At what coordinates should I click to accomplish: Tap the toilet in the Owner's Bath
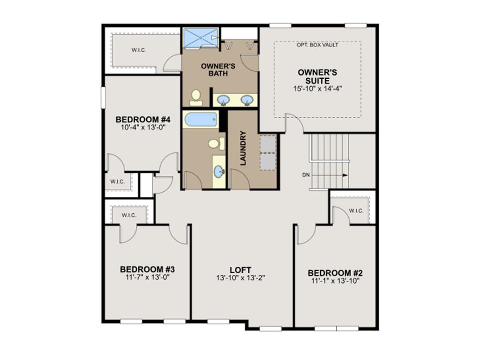pos(195,97)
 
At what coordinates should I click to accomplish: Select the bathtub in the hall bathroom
pos(201,120)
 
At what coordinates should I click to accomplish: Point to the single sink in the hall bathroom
pos(219,172)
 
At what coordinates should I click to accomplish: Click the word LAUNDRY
pos(243,149)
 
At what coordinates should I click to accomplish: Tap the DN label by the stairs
pos(306,175)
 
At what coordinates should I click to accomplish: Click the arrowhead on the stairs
pos(345,175)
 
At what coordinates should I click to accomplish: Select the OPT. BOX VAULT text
pos(317,45)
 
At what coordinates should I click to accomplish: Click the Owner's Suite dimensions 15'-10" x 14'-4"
pos(317,89)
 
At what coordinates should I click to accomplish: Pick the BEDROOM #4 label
pos(142,119)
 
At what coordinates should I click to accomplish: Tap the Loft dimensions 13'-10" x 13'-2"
pos(240,278)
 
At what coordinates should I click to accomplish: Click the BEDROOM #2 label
pos(335,273)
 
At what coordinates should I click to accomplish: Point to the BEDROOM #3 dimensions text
pos(147,277)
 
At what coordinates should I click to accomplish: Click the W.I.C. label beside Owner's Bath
pos(139,50)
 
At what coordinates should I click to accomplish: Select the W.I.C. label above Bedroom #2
pos(356,210)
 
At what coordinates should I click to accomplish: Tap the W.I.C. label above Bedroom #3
pos(129,215)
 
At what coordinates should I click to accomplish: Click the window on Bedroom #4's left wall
pos(103,97)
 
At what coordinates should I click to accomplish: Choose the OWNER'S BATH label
pos(218,69)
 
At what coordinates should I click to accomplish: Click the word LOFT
pos(240,270)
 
